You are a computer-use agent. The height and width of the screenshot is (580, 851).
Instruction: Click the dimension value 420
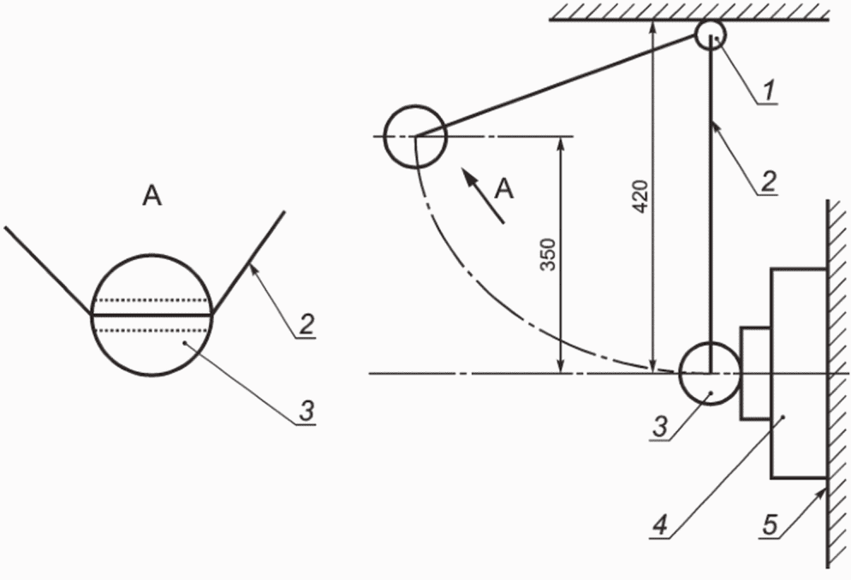(641, 196)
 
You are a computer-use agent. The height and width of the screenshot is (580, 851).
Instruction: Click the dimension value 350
(549, 255)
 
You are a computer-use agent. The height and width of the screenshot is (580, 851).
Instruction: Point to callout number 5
(771, 524)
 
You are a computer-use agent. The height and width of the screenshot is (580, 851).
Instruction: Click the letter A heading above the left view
(152, 195)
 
